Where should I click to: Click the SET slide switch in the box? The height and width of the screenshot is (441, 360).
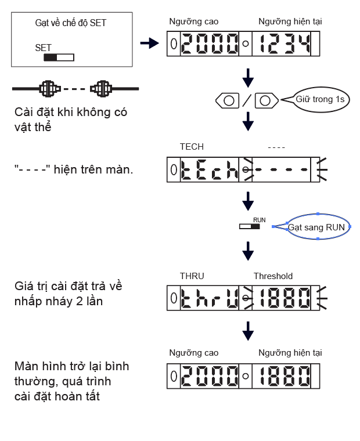pyautogui.click(x=59, y=57)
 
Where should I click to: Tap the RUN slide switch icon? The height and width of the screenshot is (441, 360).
pyautogui.click(x=250, y=226)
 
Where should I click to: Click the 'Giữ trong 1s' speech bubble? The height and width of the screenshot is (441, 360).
pyautogui.click(x=320, y=99)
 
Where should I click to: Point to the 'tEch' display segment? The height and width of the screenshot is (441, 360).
pyautogui.click(x=210, y=170)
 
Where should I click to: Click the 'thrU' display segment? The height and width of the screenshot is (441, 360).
pyautogui.click(x=210, y=299)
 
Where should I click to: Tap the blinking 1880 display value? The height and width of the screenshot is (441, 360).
pyautogui.click(x=285, y=299)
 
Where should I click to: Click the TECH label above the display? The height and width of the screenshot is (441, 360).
pyautogui.click(x=192, y=147)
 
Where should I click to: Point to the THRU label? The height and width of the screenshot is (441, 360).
pyautogui.click(x=192, y=276)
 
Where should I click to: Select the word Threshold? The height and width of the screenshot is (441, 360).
pyautogui.click(x=273, y=276)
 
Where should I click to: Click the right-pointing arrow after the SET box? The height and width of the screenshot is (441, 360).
pyautogui.click(x=150, y=43)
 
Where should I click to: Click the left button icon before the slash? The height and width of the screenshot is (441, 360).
pyautogui.click(x=228, y=100)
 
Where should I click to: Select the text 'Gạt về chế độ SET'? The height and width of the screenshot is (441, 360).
pyautogui.click(x=71, y=23)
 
